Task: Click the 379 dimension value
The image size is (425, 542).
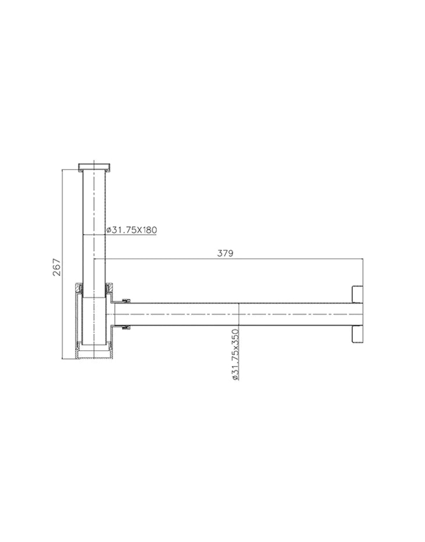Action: [x=225, y=254]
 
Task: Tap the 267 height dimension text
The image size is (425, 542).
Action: [x=57, y=266]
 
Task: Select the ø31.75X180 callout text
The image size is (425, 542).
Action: [x=132, y=230]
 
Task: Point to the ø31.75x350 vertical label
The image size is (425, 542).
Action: [x=235, y=355]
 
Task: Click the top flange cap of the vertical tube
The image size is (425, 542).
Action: [x=94, y=167]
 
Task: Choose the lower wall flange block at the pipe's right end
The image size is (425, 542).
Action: [x=357, y=335]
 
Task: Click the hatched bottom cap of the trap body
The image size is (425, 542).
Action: [x=94, y=354]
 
